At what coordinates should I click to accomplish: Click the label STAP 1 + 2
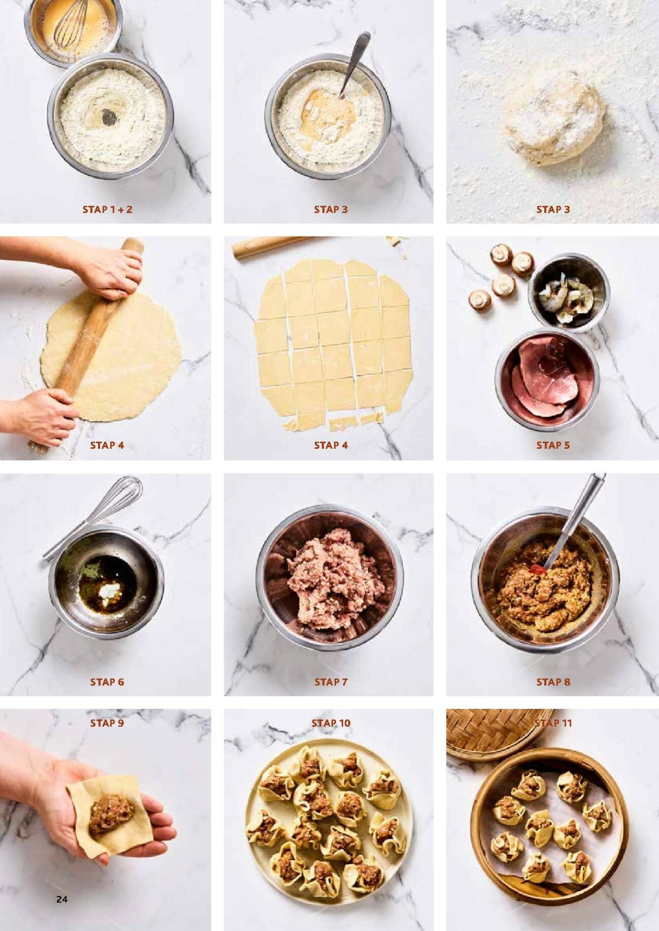tap(107, 209)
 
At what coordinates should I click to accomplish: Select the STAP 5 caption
tap(553, 445)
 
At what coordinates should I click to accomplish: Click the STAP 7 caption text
tap(331, 681)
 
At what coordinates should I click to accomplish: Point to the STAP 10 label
tap(331, 723)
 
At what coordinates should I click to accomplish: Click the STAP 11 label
tap(553, 723)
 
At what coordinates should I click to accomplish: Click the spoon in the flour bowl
tap(354, 63)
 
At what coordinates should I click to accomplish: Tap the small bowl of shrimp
tap(569, 294)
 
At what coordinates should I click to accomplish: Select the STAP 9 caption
tap(107, 723)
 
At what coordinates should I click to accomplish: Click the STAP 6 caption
tap(107, 681)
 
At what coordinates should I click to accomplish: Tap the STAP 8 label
tap(553, 681)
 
